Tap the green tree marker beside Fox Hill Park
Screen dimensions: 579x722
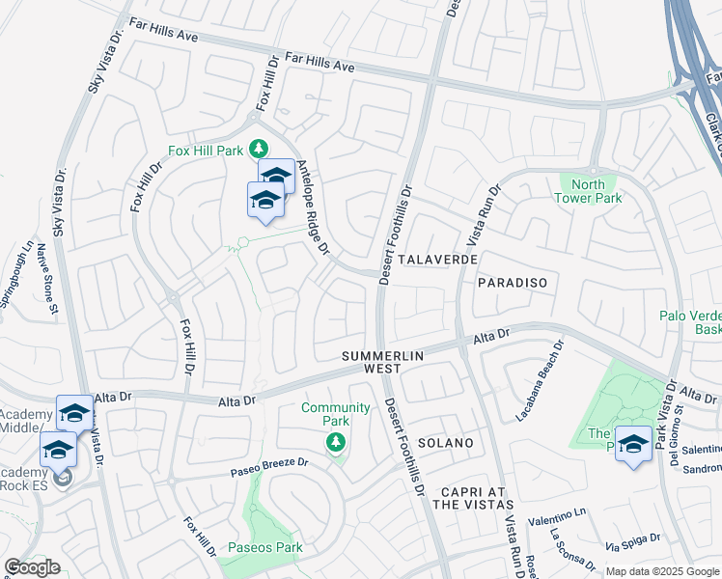(x=259, y=149)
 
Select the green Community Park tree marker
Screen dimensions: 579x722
(x=336, y=442)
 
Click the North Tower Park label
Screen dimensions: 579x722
(x=588, y=191)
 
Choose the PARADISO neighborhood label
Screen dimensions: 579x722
(x=513, y=283)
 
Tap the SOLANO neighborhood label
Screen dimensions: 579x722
(x=447, y=443)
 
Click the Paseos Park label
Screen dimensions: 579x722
(x=265, y=548)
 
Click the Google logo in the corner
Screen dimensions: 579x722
(x=33, y=567)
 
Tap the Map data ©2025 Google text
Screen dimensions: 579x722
(x=662, y=571)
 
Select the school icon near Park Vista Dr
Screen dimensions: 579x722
(x=633, y=444)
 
